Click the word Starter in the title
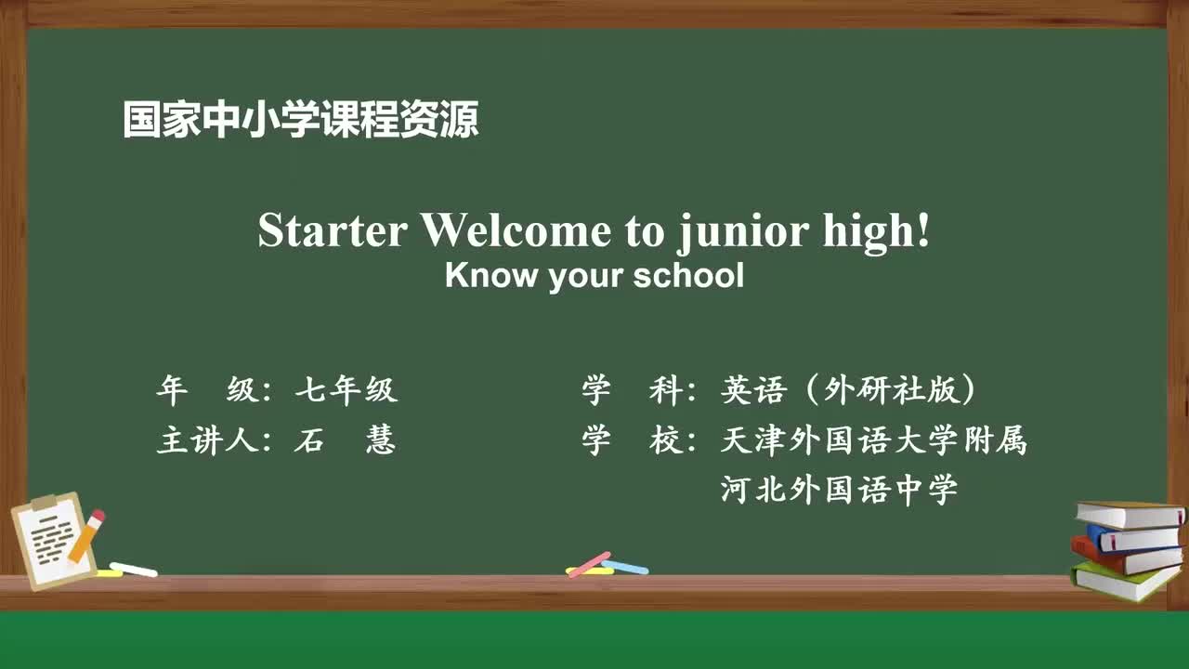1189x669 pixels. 332,231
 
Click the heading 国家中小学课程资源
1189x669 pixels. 301,121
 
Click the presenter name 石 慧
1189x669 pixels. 345,440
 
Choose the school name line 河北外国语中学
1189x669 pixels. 839,489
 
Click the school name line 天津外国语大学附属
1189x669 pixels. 873,440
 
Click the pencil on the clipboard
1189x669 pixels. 87,534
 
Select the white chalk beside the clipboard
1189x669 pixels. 133,569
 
